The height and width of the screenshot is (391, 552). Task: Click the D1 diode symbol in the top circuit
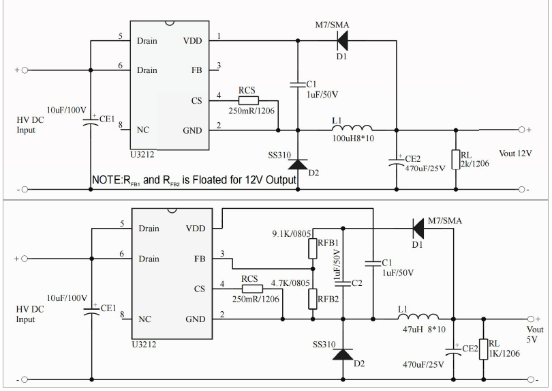tap(341, 41)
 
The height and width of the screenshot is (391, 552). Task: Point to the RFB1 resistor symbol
tap(313, 248)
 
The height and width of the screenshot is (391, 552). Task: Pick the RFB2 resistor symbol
tap(313, 298)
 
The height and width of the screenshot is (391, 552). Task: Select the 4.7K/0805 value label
tap(290, 283)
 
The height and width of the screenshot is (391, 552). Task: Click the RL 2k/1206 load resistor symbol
tap(455, 160)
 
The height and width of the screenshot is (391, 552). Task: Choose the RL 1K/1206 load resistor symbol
tap(484, 349)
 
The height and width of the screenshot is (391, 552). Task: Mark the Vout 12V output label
tap(515, 154)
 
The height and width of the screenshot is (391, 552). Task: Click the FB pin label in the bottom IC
tap(200, 259)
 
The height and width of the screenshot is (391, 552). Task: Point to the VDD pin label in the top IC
tap(193, 41)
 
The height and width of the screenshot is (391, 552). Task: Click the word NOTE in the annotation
tap(106, 180)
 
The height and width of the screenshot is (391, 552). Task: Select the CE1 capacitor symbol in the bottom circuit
tap(91, 312)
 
